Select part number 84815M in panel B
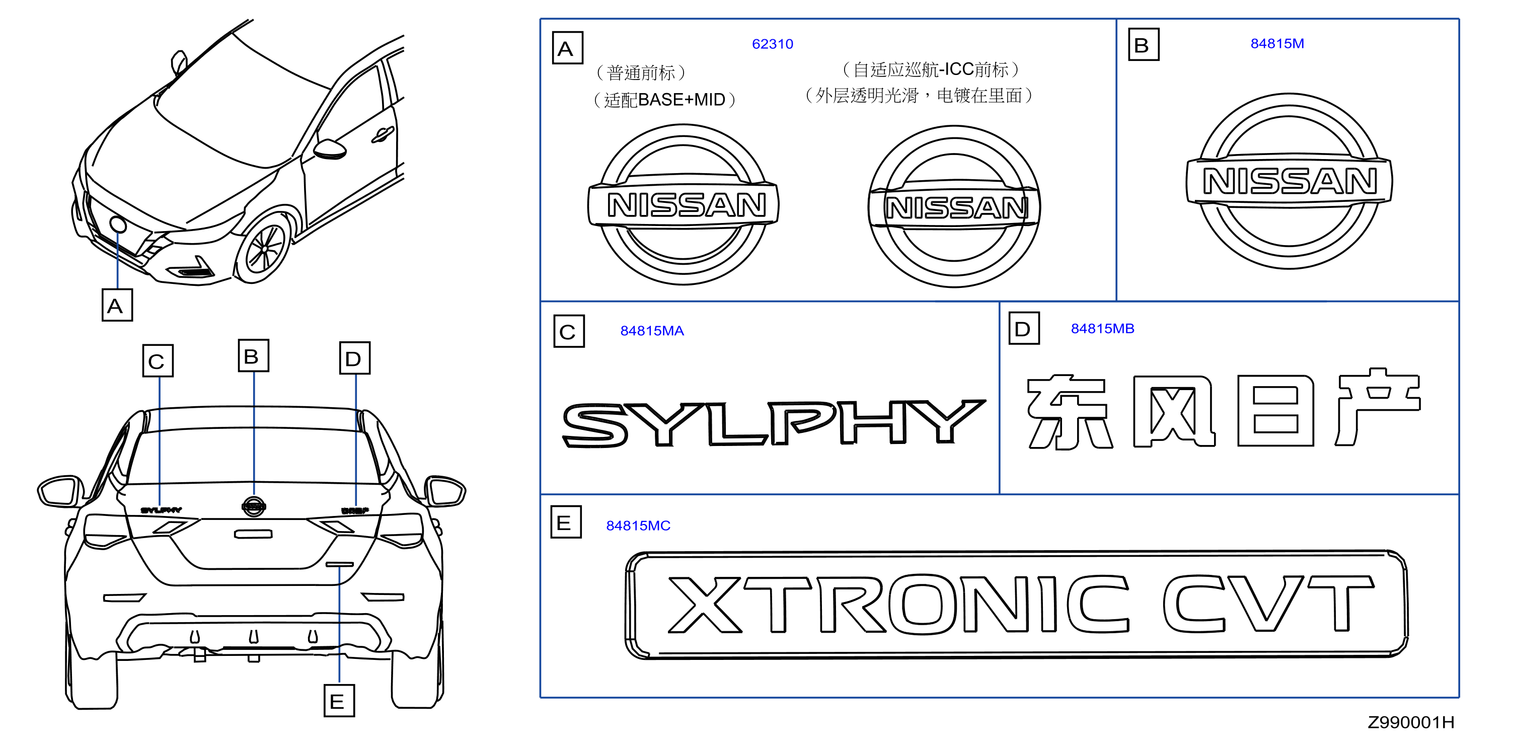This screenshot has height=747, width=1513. [1277, 43]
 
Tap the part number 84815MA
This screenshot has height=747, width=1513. [652, 331]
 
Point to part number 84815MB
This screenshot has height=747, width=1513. [1102, 328]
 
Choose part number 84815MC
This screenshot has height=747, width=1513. [638, 526]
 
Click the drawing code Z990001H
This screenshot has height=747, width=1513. [1411, 722]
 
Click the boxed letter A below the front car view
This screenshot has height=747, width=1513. [117, 305]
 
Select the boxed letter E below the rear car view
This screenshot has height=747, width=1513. [339, 701]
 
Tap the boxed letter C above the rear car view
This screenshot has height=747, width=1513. [158, 360]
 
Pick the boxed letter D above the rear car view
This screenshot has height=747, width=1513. [355, 357]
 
